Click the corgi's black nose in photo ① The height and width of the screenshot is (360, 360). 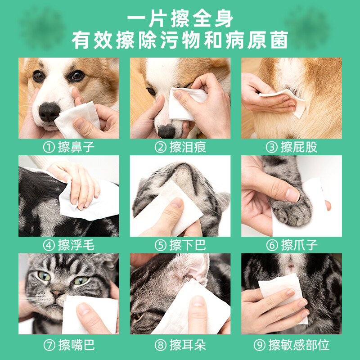click(x=49, y=112)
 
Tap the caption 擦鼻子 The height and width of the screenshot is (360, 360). click(x=76, y=147)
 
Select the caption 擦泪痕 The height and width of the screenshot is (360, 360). click(x=188, y=147)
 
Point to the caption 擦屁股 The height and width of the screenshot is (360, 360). click(x=299, y=147)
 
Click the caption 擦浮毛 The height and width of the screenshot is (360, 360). click(x=76, y=245)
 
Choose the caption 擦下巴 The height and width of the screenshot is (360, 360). click(x=188, y=245)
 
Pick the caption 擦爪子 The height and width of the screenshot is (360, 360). click(x=299, y=245)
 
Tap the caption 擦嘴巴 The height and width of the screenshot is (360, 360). click(x=76, y=345)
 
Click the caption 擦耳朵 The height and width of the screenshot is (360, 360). click(x=188, y=345)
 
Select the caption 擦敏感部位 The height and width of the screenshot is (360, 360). click(x=299, y=345)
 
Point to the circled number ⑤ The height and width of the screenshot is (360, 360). click(x=161, y=245)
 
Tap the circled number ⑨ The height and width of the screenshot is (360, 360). click(x=260, y=345)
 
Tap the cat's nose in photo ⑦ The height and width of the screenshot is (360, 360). click(x=57, y=293)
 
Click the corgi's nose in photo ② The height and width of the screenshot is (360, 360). click(x=166, y=131)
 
